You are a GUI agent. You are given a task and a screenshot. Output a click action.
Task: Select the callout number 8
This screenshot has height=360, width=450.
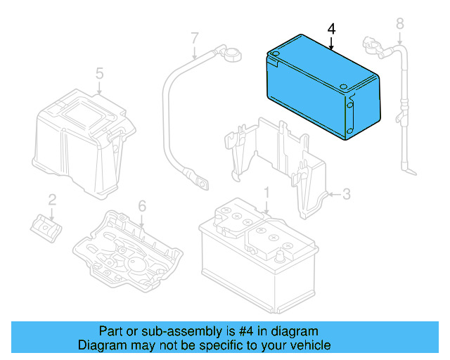coord(399,24)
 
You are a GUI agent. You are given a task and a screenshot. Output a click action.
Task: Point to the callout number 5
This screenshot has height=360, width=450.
coord(99,73)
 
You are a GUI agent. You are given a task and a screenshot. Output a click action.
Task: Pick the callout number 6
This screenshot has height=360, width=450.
coord(141,205)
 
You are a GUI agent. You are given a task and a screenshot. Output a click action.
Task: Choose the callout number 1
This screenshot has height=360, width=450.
coord(266,192)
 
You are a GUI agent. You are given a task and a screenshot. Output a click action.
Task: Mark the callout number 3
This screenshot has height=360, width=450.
coord(346,193)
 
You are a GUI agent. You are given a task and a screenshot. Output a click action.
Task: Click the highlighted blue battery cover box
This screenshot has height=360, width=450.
coord(321,91)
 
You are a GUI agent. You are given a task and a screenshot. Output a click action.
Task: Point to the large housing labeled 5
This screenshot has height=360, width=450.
coord(81,141)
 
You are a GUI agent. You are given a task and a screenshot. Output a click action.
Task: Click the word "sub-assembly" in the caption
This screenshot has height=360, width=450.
coord(158,331)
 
